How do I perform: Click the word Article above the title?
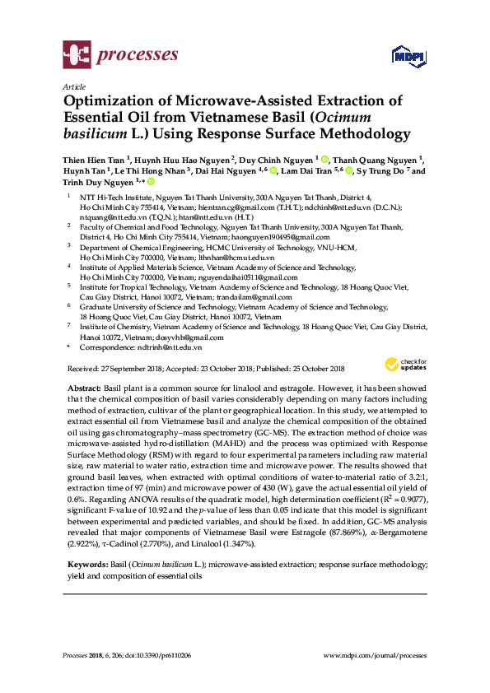73,86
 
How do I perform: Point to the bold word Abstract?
86,387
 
